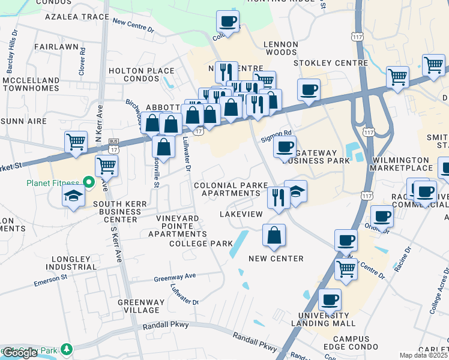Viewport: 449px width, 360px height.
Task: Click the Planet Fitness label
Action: click(x=53, y=183)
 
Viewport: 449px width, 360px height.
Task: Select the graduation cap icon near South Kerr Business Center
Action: click(x=74, y=196)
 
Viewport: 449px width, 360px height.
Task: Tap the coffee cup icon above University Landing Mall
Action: click(x=330, y=299)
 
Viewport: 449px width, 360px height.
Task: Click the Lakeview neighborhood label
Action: click(x=241, y=214)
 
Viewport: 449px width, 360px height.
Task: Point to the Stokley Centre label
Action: click(x=331, y=63)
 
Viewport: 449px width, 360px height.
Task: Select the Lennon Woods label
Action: click(x=282, y=49)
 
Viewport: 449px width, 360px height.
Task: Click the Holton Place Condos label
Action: click(x=141, y=74)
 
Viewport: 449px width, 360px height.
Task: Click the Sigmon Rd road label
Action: click(x=276, y=136)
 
